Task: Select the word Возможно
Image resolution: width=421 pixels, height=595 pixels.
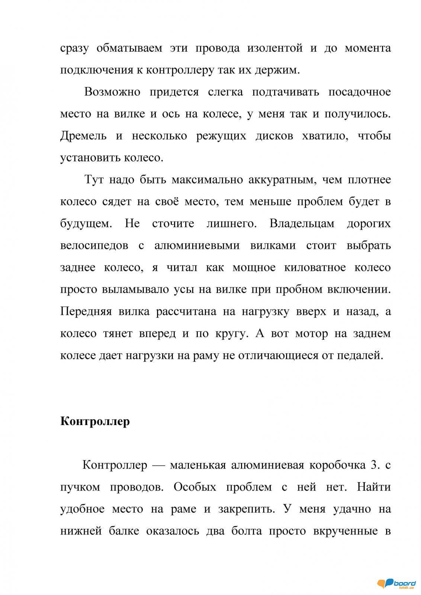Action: (112, 92)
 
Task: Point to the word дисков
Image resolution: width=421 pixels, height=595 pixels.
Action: (269, 136)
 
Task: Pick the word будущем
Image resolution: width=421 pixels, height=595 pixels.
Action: (86, 224)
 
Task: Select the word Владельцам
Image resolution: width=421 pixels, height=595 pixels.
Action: (302, 223)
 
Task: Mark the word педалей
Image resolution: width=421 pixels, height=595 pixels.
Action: (360, 355)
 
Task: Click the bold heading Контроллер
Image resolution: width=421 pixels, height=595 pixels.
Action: (95, 421)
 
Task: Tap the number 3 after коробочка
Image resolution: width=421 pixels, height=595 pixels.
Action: (374, 465)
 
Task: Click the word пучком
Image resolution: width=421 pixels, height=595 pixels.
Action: (80, 487)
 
